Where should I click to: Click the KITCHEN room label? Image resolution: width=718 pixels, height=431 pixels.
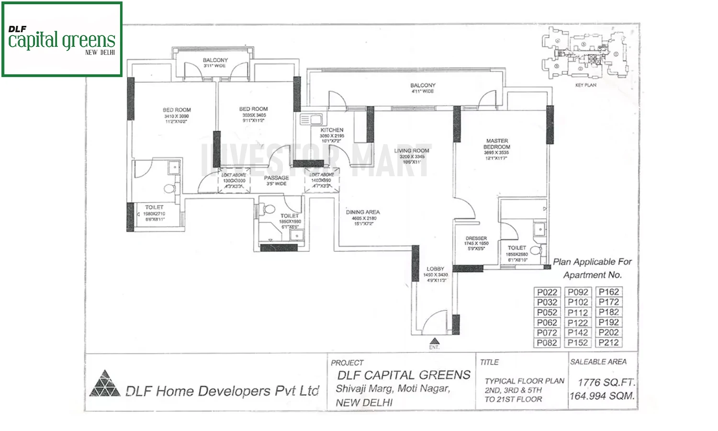pos(332,130)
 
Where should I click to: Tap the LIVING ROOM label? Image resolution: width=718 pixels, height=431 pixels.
pos(412,150)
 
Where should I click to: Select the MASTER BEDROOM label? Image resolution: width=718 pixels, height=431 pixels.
pos(496,144)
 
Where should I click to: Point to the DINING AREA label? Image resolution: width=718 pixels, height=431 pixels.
pos(363,212)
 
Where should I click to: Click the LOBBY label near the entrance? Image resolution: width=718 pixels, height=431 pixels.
pos(435,269)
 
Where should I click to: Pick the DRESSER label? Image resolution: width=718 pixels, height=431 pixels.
pos(476,238)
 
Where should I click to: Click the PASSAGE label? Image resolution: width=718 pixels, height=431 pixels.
pos(277,178)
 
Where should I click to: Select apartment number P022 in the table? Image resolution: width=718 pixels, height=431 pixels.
pos(547,292)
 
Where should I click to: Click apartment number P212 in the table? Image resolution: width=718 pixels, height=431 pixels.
pos(608,342)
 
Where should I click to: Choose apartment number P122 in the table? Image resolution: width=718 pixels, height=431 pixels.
pos(578,322)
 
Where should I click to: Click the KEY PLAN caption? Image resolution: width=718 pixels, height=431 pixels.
pos(585,85)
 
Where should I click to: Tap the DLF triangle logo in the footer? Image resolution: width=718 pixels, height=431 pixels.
pos(105,384)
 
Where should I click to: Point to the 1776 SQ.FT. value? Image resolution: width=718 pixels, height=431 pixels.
pos(606,382)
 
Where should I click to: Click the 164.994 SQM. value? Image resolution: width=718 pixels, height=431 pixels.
pos(602,396)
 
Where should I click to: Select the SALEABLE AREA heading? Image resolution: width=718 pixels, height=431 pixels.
pos(598,362)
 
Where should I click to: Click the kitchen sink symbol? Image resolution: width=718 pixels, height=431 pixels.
pos(311,119)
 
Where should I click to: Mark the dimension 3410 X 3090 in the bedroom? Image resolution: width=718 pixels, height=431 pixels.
pos(176,116)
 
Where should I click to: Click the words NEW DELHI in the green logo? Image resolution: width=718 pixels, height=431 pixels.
pos(100,53)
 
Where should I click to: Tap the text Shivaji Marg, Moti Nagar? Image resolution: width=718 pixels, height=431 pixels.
pos(393,388)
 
